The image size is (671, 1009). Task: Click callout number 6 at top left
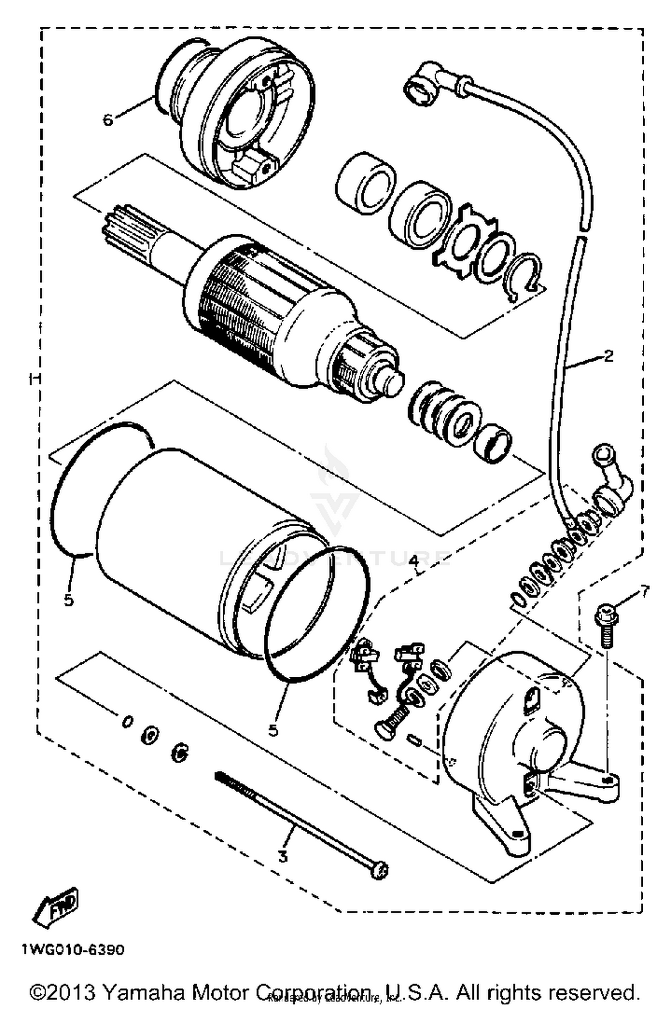108,120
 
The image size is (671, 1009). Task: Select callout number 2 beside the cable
608,356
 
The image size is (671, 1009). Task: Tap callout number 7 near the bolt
644,591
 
